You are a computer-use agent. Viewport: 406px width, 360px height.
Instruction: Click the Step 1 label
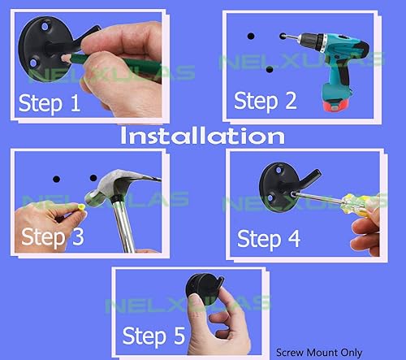click(51, 104)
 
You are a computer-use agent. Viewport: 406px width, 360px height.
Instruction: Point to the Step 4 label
click(269, 239)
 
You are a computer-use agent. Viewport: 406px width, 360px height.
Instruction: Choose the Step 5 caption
click(154, 334)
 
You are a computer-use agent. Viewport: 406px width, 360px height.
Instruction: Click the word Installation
click(202, 135)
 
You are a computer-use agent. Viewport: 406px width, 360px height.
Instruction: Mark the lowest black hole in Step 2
click(270, 70)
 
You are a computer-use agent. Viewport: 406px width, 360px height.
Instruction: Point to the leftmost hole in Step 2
click(251, 36)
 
